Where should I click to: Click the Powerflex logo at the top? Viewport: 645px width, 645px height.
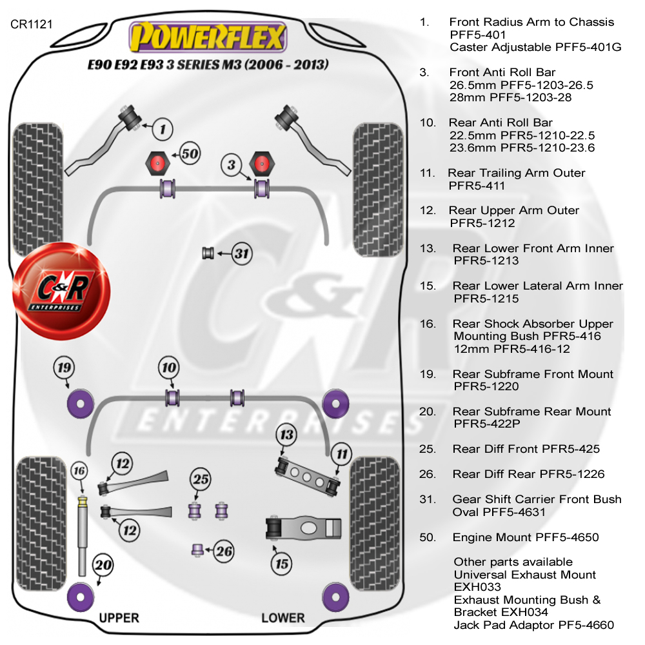(x=208, y=37)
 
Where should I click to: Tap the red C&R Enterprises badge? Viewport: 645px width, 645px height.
(x=61, y=291)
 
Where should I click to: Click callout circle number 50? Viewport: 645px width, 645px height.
(x=190, y=154)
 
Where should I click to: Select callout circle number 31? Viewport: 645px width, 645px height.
(x=241, y=253)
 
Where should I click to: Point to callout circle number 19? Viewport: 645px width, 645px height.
(x=64, y=368)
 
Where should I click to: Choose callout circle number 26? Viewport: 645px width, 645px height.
(x=224, y=551)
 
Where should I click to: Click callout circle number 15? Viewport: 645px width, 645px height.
(x=282, y=564)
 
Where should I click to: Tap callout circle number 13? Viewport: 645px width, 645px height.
(x=287, y=434)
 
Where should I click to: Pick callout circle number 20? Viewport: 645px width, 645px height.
(x=103, y=565)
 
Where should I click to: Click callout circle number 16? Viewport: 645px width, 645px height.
(x=79, y=471)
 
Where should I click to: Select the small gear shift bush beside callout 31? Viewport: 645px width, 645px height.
(x=208, y=253)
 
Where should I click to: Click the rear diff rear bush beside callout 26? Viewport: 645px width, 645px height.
(x=198, y=550)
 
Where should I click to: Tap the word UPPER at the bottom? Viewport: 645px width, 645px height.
(x=119, y=618)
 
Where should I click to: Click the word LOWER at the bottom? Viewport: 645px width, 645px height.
(x=283, y=618)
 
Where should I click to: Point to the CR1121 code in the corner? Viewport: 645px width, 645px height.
(x=31, y=25)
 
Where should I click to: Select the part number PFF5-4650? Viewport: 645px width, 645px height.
(x=567, y=537)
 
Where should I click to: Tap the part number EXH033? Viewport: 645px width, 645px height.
(x=477, y=587)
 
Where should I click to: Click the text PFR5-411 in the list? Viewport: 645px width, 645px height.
(x=477, y=186)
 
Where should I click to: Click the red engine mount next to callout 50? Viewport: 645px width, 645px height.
(x=157, y=163)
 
